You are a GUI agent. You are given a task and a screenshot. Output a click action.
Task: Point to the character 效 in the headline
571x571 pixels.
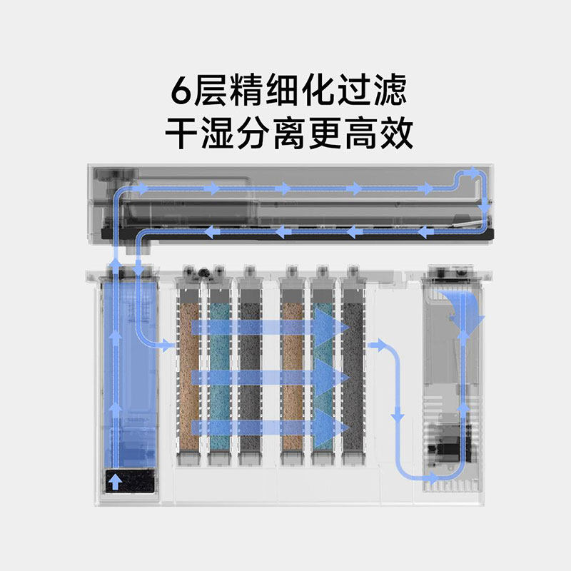click(392, 133)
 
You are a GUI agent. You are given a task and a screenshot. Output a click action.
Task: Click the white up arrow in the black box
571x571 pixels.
click(114, 482)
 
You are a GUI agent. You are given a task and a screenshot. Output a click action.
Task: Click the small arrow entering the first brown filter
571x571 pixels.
click(168, 346)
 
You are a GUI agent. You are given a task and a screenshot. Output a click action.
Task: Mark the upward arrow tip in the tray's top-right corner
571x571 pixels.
click(474, 171)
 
